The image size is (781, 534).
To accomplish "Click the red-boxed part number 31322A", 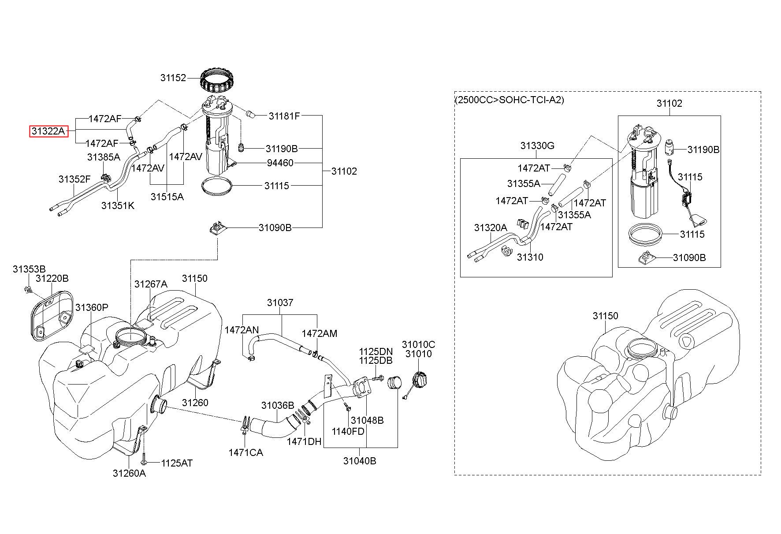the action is coord(48,131).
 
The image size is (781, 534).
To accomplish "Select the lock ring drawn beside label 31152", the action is coord(216,80).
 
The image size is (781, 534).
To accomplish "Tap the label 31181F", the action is coord(284,116).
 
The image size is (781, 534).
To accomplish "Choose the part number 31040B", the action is coord(360,461).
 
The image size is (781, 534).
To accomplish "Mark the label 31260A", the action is coord(129,473).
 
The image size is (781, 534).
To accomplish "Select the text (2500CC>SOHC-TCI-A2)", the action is coord(510,100).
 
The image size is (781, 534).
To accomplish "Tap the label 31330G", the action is coord(537,146).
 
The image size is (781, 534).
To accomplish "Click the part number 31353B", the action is coord(29,269).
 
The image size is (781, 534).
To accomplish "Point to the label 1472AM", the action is coord(320,334).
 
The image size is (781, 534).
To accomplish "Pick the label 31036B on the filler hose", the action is coord(278,405).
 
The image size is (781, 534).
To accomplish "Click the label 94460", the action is coord(280,163).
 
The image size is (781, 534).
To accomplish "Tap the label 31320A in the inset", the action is coord(491,228).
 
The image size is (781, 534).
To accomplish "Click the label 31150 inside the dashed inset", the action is coord(605,316).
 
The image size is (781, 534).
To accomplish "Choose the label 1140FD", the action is coord(349,431).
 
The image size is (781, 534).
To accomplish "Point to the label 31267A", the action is coord(151,284).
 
